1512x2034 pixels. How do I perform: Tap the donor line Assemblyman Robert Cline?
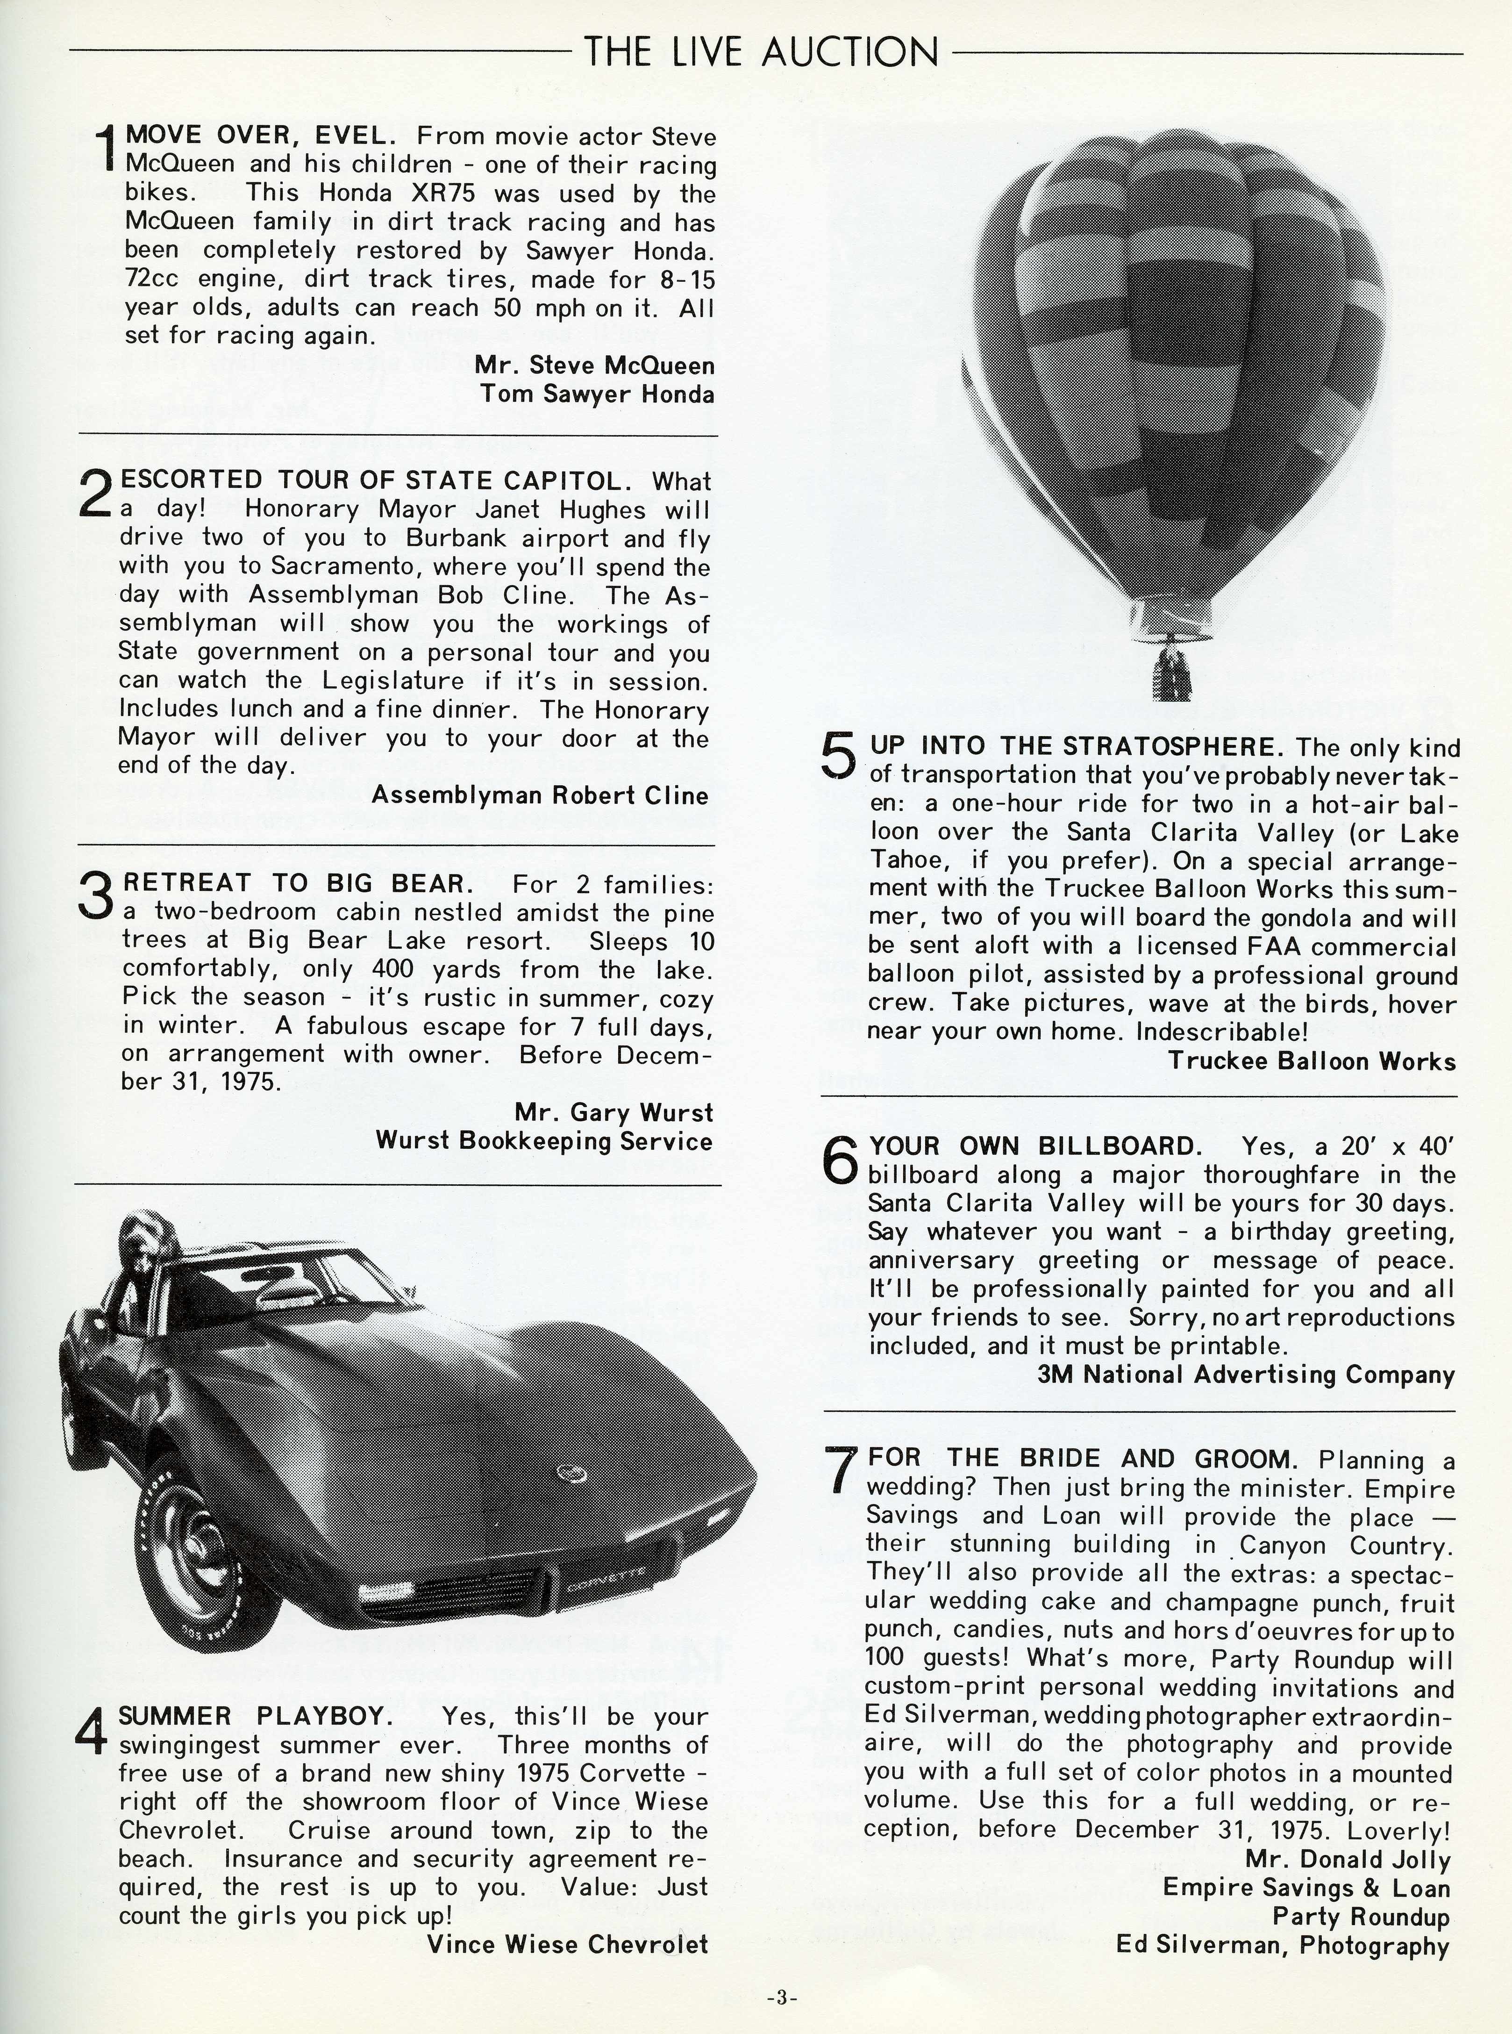click(540, 795)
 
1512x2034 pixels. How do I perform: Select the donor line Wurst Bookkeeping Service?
click(544, 1141)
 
